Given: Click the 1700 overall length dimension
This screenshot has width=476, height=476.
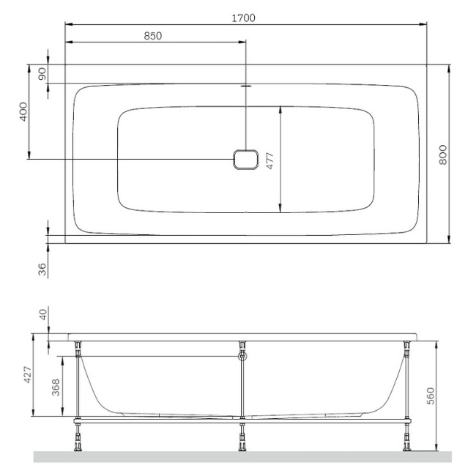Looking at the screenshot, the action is [x=243, y=18].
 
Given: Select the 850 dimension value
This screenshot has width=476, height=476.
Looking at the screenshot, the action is [x=153, y=36].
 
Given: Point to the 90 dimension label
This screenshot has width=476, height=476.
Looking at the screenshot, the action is [x=42, y=74].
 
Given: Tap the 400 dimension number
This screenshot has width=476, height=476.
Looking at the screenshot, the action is [x=23, y=112].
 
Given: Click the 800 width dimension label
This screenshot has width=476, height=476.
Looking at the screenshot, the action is [x=443, y=155].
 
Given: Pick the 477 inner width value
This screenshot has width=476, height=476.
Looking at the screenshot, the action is [x=270, y=161].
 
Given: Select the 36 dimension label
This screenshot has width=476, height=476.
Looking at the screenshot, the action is [x=42, y=269].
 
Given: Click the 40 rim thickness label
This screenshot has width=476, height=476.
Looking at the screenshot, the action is [x=43, y=314].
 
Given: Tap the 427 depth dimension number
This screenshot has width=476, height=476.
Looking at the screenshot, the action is [x=28, y=375].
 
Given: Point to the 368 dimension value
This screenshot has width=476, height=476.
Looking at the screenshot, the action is [x=56, y=387].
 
